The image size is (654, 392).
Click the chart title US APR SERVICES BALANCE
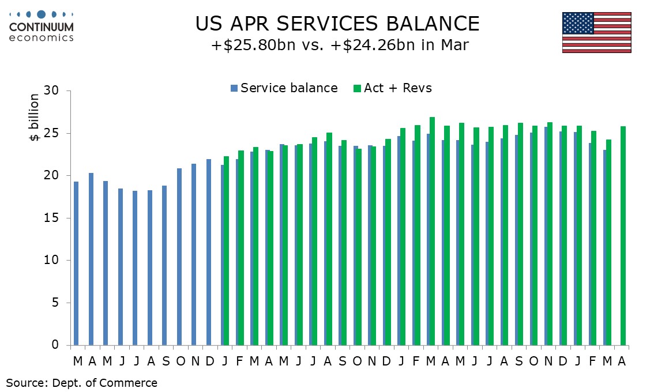[x=337, y=24]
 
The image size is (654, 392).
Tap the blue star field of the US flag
[x=578, y=23]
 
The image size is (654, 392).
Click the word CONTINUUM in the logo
[x=42, y=27]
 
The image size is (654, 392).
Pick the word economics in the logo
[x=42, y=37]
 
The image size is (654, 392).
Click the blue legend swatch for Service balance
[x=234, y=88]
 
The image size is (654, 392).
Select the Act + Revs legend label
[x=397, y=88]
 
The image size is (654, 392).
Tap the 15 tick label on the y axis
[x=53, y=218]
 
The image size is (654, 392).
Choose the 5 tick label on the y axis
[x=57, y=303]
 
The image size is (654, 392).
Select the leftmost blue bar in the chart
[x=76, y=263]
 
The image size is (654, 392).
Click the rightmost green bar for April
[x=623, y=236]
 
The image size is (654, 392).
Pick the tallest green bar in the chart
[x=432, y=231]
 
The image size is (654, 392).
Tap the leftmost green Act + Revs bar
[x=226, y=251]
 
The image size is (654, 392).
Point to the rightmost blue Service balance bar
[x=605, y=247]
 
